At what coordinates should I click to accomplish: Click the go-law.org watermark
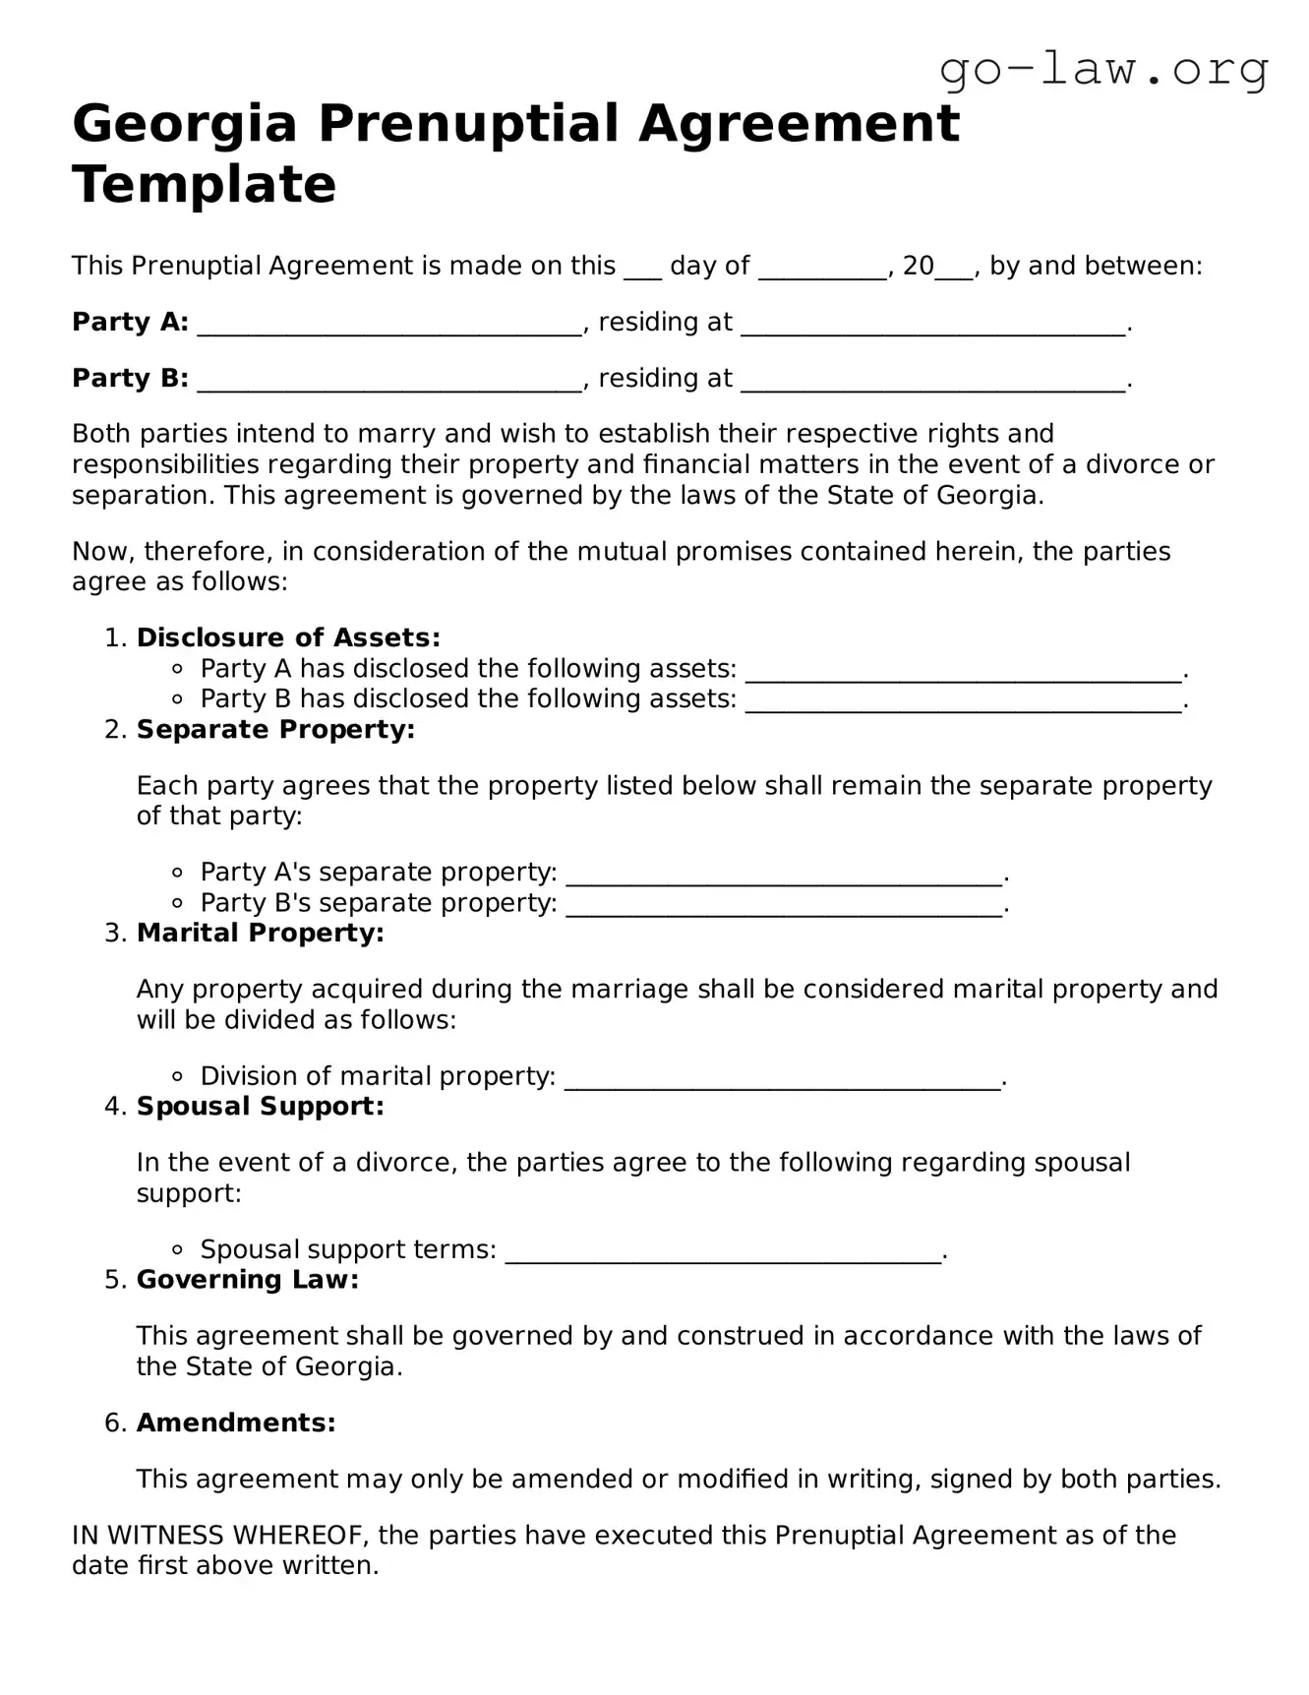click(1103, 70)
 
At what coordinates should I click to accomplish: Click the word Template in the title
click(204, 184)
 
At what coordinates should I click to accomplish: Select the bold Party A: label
click(130, 322)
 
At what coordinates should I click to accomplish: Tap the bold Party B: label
click(130, 378)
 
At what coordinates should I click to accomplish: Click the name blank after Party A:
click(389, 326)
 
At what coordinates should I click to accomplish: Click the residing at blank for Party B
click(932, 382)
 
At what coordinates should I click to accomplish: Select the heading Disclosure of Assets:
click(288, 637)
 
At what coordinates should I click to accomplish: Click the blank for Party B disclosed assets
click(963, 702)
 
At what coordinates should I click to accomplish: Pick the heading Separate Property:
click(275, 729)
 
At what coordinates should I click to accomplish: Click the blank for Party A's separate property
click(785, 876)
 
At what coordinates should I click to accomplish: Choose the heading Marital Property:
click(260, 933)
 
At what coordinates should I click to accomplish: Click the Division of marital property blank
click(783, 1079)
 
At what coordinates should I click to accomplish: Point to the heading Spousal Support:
click(260, 1106)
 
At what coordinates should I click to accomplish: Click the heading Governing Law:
click(247, 1279)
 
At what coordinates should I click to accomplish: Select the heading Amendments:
click(236, 1423)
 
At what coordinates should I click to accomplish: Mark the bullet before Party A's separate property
click(177, 873)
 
